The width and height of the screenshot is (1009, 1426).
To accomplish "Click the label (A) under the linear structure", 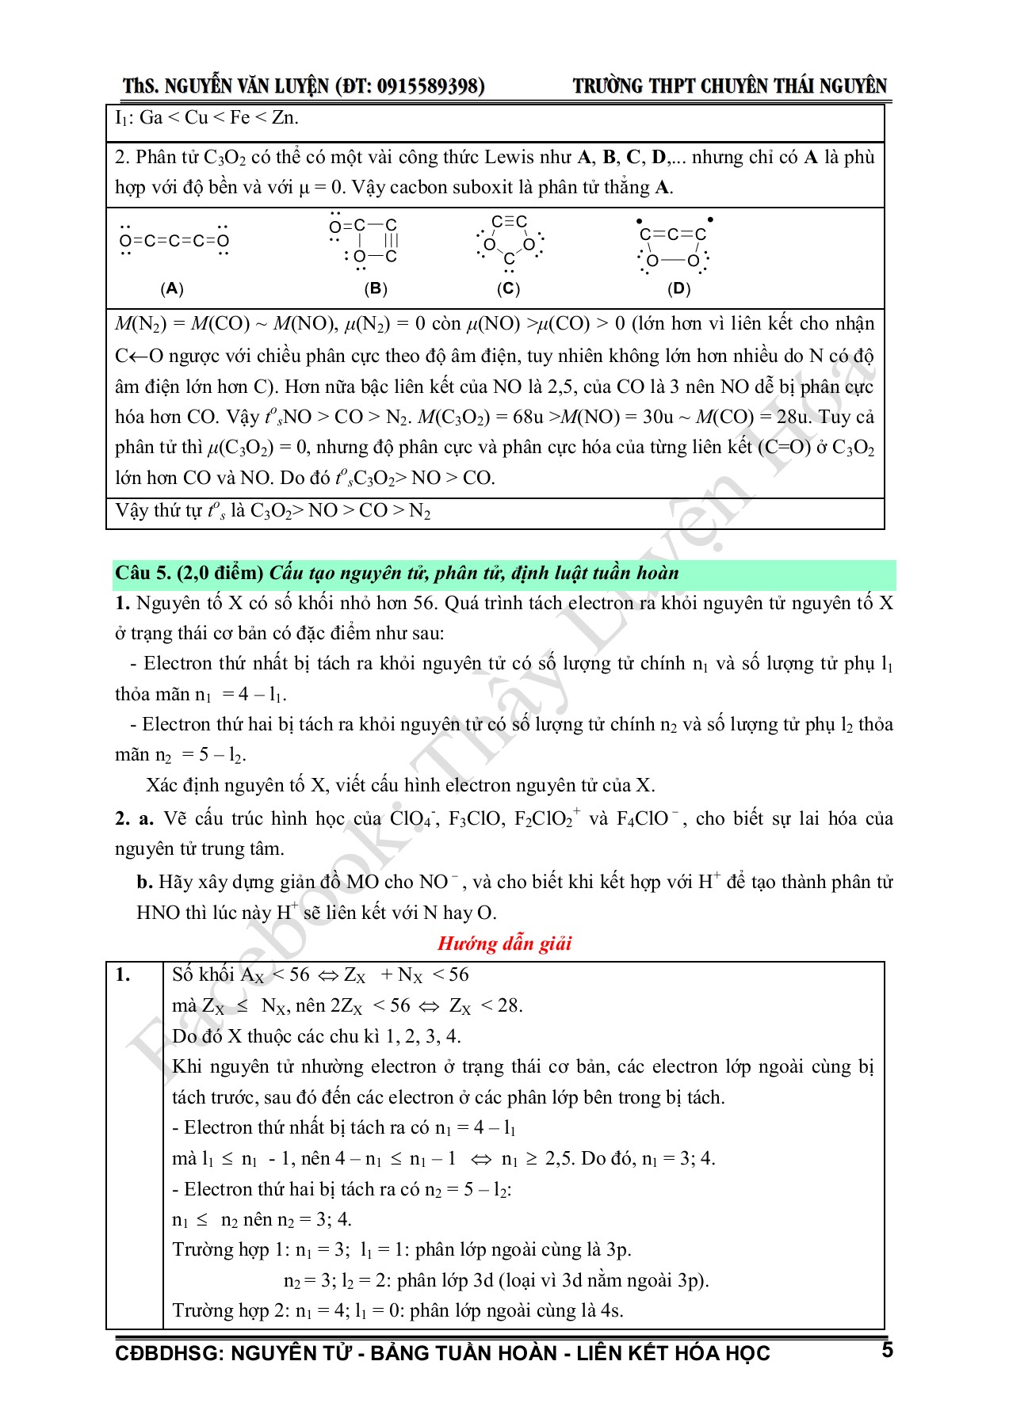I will pos(172,289).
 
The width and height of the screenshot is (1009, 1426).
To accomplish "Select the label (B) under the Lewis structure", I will pos(376,289).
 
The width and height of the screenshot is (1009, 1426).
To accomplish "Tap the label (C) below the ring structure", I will pos(508,289).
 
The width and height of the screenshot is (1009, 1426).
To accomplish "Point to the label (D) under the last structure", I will pos(679,289).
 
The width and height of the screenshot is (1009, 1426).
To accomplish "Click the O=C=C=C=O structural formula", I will pos(174,241).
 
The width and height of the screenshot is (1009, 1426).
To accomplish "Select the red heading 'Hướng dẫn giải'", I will pos(504,944).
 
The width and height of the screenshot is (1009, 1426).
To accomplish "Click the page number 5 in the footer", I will pos(887,1351).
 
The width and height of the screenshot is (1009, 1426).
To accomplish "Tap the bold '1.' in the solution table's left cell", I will pos(123,975).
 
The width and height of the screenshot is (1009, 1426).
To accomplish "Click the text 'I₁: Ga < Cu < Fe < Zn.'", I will pos(207,118).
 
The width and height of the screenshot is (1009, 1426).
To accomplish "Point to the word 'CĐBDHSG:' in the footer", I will pos(169,1353).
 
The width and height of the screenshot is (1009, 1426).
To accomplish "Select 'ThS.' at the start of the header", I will pos(140,86).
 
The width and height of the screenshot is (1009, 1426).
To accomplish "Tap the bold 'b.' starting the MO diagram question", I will pos(144,883).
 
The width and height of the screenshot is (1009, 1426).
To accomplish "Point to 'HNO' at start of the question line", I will pos(158,913).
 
